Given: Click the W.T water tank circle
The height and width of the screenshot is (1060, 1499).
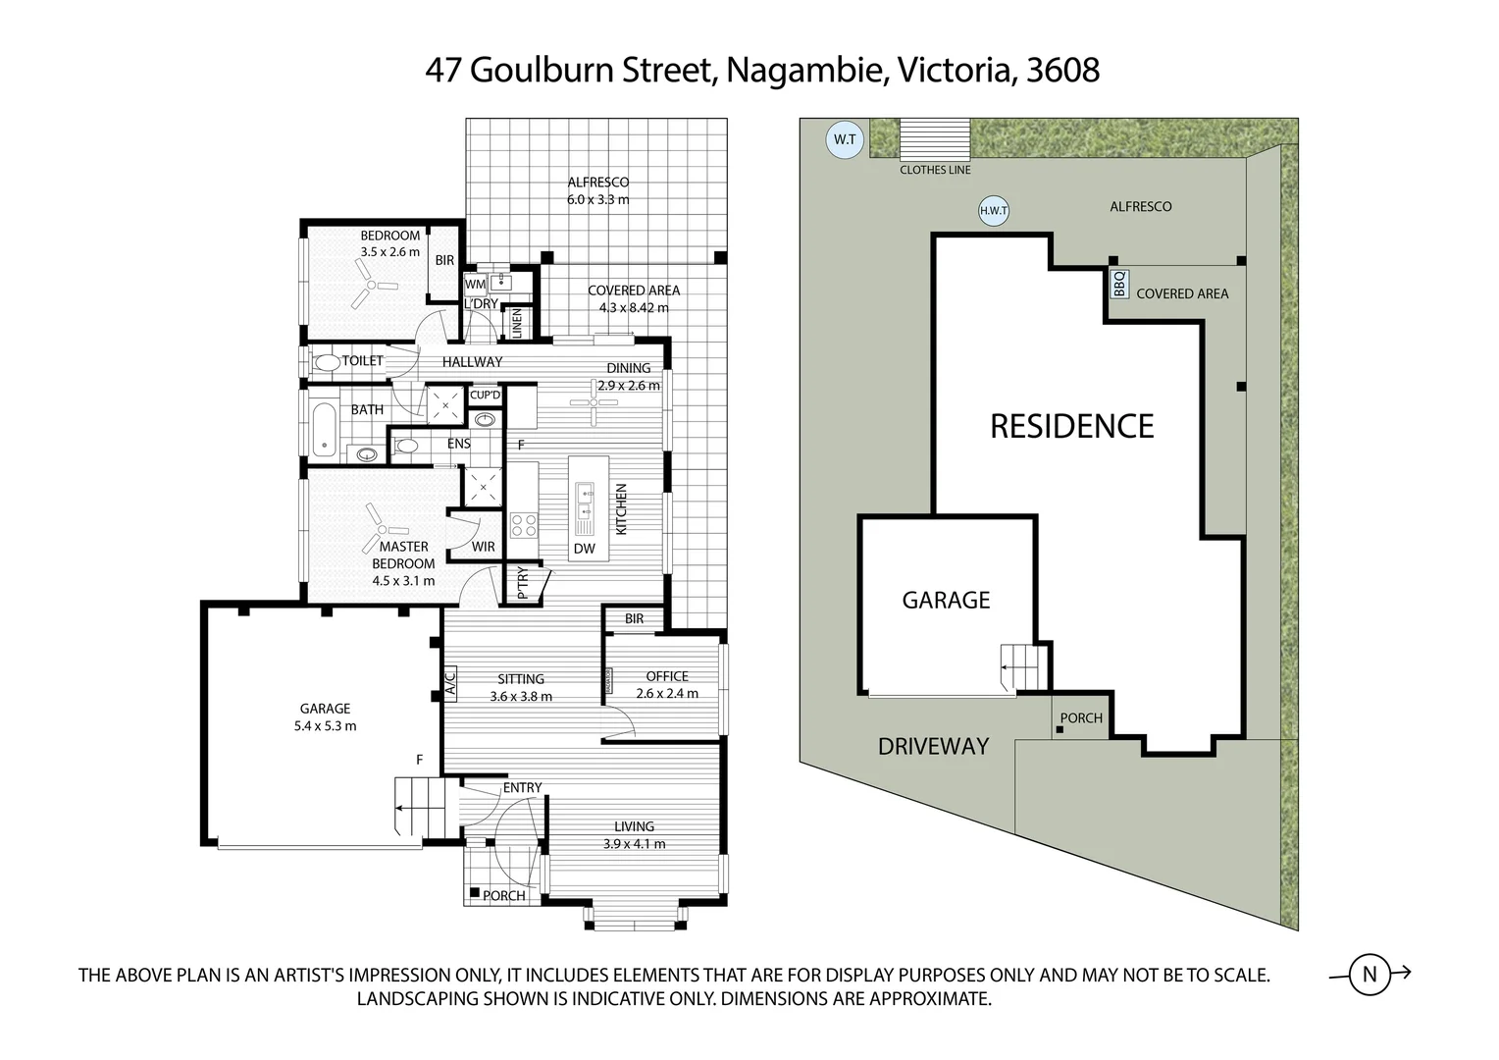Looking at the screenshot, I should point(844,139).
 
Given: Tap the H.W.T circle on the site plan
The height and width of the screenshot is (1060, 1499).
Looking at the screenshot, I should point(994,210).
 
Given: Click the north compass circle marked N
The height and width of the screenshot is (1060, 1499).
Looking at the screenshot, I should point(1370,975).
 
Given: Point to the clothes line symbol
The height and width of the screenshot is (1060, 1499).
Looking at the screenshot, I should point(935,138).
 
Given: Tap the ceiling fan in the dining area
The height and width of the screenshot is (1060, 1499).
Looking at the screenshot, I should point(594,401).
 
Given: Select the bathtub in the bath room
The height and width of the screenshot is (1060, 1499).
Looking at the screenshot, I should point(324,428).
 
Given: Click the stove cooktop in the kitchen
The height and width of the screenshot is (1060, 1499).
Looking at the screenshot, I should point(524,525).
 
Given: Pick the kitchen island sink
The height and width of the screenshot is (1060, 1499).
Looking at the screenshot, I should point(586,502).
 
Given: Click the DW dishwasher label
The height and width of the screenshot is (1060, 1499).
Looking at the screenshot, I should point(585,549).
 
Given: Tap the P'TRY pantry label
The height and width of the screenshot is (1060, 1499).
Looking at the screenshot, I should point(522,583).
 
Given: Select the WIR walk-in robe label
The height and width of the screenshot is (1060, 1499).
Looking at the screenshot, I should point(483,547).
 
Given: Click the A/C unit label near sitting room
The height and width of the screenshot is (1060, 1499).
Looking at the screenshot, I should point(450,682).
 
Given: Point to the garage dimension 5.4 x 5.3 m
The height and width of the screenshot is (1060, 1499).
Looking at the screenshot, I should point(325,726).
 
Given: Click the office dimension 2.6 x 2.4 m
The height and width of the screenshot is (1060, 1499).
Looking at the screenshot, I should point(667,693).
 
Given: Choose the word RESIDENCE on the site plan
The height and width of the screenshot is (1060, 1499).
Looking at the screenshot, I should point(1071,426).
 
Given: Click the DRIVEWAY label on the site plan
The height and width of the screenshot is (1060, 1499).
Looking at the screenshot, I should point(932,746).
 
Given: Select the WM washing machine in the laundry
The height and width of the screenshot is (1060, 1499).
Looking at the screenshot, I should point(475,285).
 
